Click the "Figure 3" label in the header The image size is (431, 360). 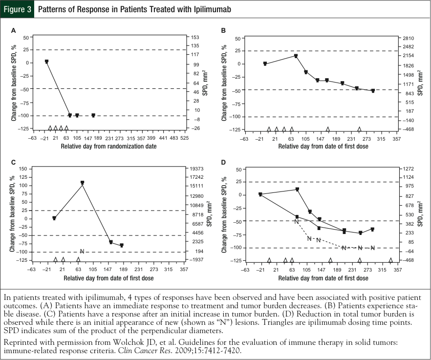click(17, 9)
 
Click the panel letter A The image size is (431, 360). click(14, 30)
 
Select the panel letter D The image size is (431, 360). click(223, 162)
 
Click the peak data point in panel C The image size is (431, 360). click(82, 183)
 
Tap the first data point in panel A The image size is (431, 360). click(46, 62)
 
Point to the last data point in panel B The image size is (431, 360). click(373, 91)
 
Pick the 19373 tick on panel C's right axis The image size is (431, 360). click(196, 169)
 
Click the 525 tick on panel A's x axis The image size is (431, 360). click(184, 138)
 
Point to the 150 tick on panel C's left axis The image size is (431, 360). click(22, 169)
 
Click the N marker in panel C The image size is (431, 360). click(82, 252)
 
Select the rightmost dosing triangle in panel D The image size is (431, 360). click(390, 260)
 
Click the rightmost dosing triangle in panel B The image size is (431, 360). click(359, 129)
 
